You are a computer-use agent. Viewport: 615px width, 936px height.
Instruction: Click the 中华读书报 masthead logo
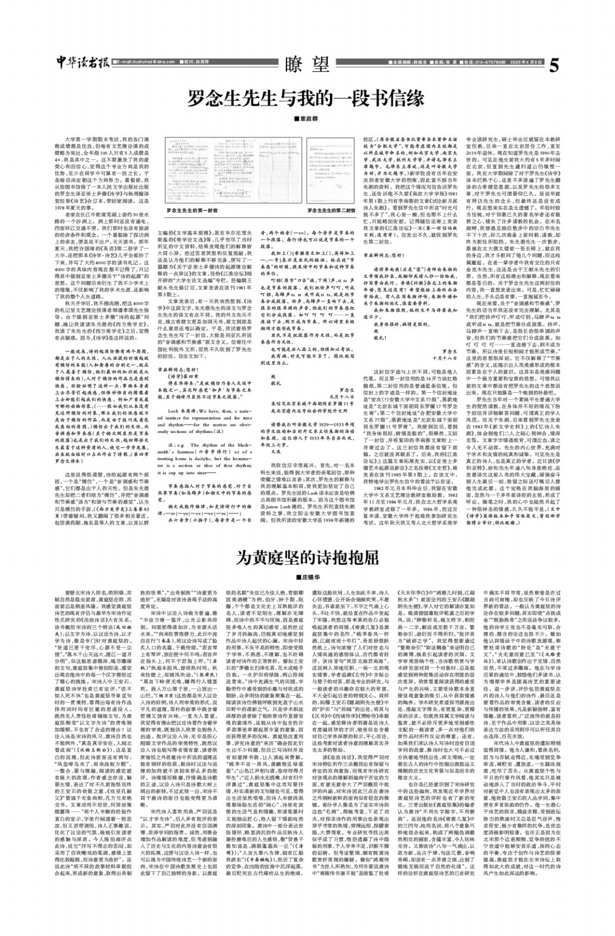point(82,64)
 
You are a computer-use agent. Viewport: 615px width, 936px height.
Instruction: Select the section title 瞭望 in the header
point(307,66)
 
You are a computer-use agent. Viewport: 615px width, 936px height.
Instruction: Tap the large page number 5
point(553,66)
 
